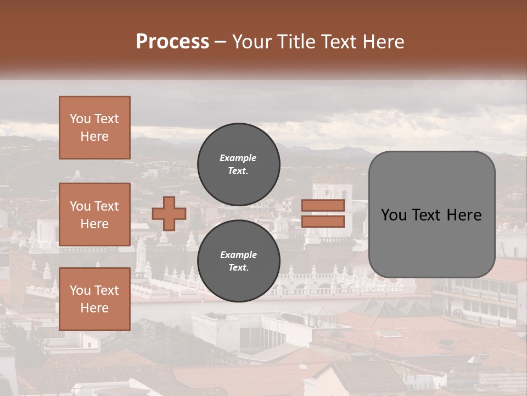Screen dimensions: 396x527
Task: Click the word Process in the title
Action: click(x=172, y=42)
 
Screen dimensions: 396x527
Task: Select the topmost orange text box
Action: click(x=94, y=128)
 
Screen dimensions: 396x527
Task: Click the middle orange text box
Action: click(x=94, y=215)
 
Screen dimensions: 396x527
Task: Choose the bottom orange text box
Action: click(x=94, y=299)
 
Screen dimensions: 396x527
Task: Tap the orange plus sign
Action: click(x=169, y=213)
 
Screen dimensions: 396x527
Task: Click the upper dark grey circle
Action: click(x=239, y=164)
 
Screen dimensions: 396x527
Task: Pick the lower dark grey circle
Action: click(x=239, y=261)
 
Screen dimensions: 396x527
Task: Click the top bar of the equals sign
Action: click(x=323, y=205)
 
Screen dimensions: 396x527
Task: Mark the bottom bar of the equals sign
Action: click(x=323, y=222)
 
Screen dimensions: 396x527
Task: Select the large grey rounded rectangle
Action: click(x=431, y=215)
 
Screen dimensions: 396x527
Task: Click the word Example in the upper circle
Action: click(x=238, y=158)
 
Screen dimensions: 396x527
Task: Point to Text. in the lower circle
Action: click(x=238, y=268)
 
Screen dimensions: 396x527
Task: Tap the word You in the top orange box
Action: click(x=80, y=119)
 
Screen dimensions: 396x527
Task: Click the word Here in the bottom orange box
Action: click(x=94, y=308)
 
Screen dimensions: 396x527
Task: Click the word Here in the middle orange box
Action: click(x=94, y=224)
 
